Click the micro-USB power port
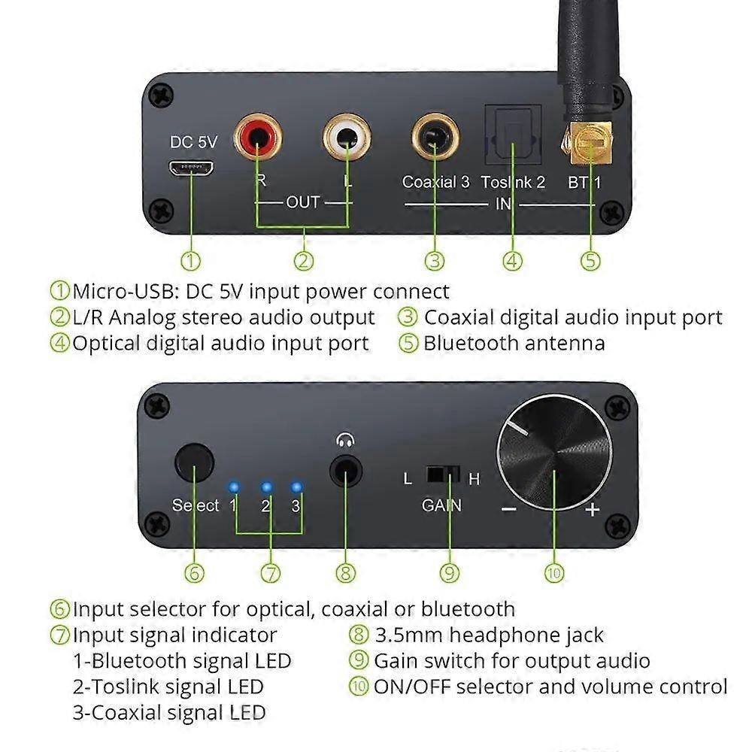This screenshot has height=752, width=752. pyautogui.click(x=193, y=168)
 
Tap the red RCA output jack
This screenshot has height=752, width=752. pyautogui.click(x=258, y=137)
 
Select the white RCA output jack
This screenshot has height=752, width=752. pyautogui.click(x=347, y=137)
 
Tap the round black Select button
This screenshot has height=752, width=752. pyautogui.click(x=194, y=463)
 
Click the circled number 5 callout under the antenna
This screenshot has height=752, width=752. pyautogui.click(x=591, y=261)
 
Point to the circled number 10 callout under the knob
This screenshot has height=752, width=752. pyautogui.click(x=553, y=573)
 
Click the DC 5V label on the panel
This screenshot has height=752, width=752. pyautogui.click(x=193, y=142)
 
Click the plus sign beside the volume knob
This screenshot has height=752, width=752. pyautogui.click(x=593, y=510)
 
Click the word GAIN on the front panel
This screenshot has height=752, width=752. pyautogui.click(x=441, y=505)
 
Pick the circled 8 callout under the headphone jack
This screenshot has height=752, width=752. pyautogui.click(x=345, y=573)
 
